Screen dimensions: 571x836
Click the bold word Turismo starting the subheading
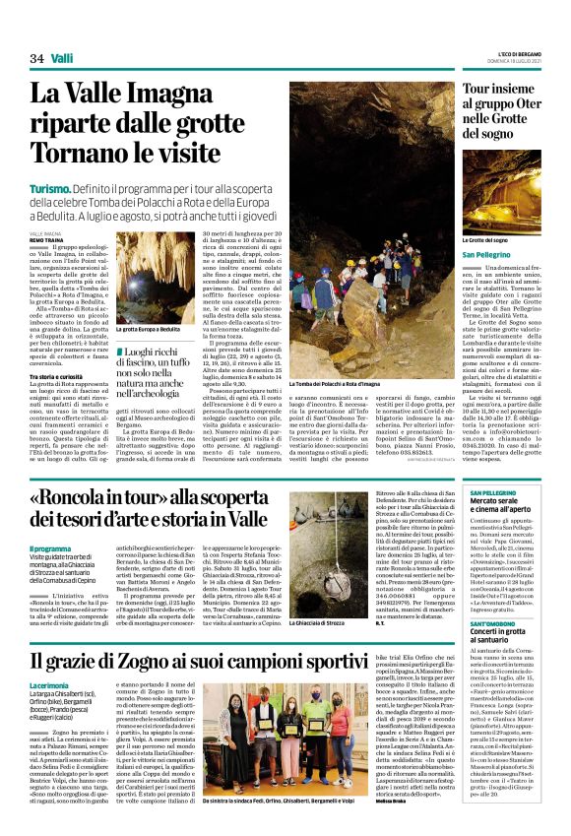pos(50,186)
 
